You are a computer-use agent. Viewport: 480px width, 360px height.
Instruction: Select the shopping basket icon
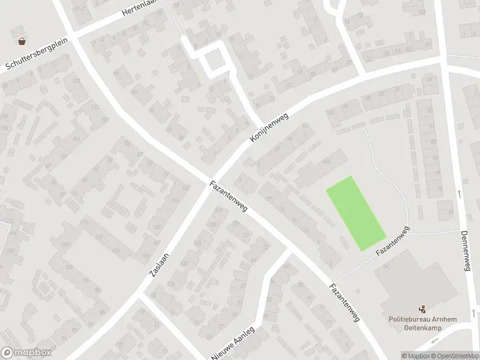pyautogui.click(x=22, y=41)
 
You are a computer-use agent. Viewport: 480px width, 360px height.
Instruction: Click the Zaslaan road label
pyautogui.click(x=161, y=264)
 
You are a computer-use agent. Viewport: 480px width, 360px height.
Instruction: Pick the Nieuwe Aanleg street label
pyautogui.click(x=233, y=344)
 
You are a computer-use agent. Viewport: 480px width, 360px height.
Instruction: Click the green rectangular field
pyautogui.click(x=355, y=213)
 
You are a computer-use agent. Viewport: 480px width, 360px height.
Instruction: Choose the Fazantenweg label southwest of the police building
pyautogui.click(x=344, y=303)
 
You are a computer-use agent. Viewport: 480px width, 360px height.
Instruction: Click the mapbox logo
pyautogui.click(x=26, y=353)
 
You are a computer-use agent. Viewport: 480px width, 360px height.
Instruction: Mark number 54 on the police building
pyautogui.click(x=386, y=266)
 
